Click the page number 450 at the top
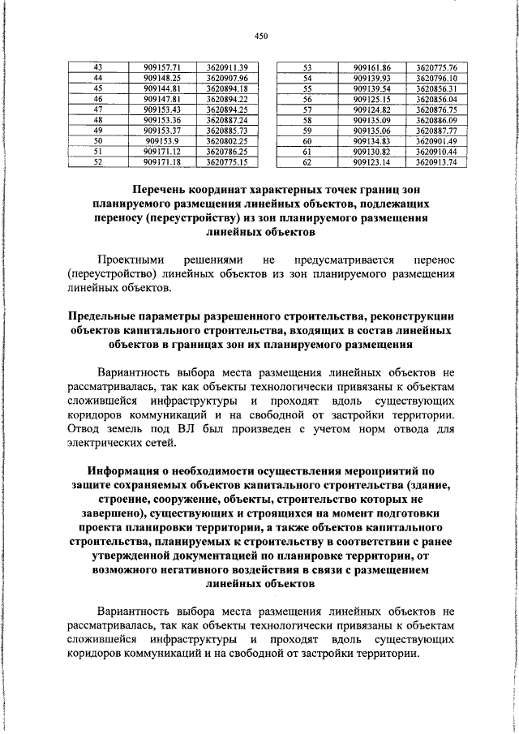[x=260, y=36]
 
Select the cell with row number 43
[x=98, y=67]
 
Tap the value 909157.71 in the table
[x=161, y=67]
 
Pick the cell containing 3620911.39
[x=227, y=67]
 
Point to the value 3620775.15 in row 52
[x=227, y=161]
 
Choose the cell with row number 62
[x=307, y=161]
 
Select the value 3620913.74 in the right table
[x=436, y=161]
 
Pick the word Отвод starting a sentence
[x=84, y=430]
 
